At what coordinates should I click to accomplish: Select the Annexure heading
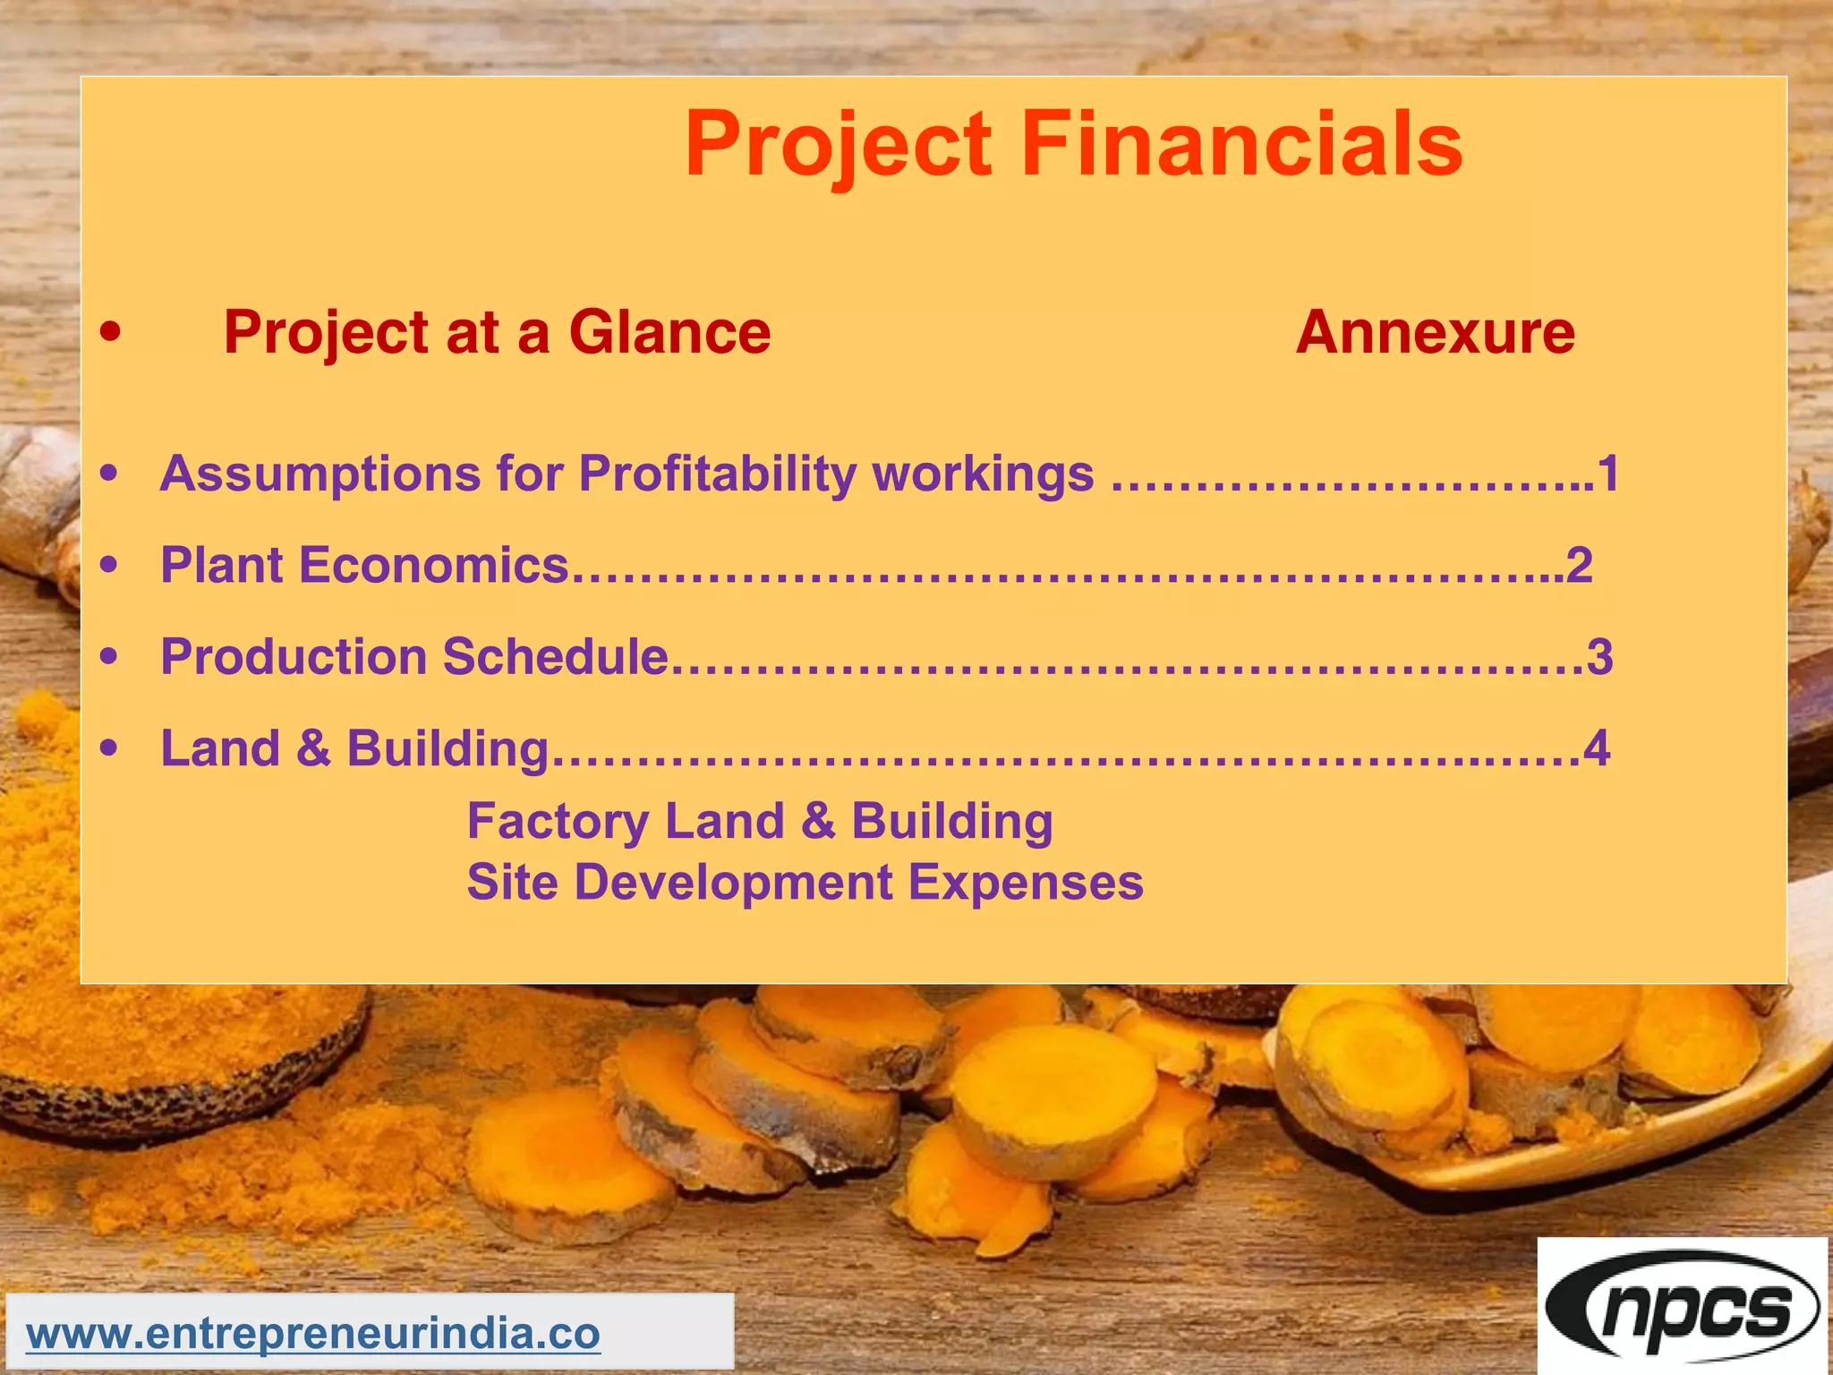point(1435,332)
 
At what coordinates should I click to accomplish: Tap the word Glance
point(669,332)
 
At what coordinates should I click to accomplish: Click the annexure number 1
point(1608,474)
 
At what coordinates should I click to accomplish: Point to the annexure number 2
point(1580,566)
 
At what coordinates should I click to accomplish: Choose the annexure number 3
point(1599,657)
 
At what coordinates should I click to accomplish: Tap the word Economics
point(433,566)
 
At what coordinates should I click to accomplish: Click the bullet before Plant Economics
point(109,566)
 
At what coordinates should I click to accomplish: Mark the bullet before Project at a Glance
point(110,333)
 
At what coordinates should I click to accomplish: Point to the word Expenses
point(1026,883)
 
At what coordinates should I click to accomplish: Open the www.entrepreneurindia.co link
point(313,1334)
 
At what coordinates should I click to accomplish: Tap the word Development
point(733,883)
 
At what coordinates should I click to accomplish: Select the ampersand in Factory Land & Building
point(817,822)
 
